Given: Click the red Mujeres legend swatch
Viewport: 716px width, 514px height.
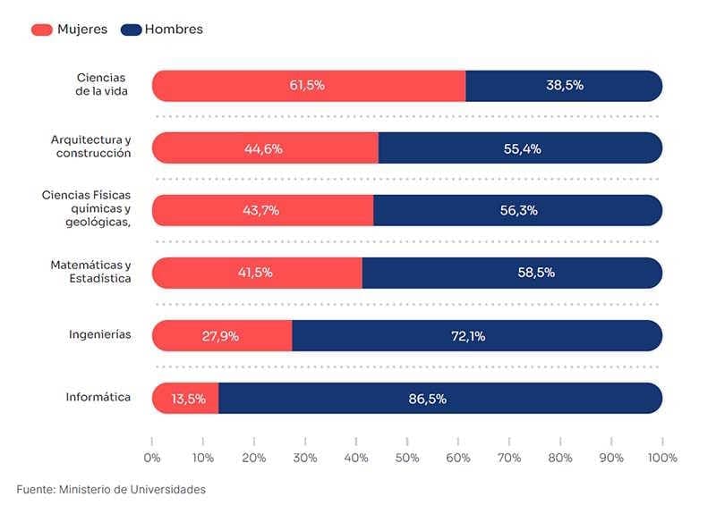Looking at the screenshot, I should [x=42, y=29].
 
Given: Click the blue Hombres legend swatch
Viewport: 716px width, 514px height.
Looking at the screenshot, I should [x=131, y=29].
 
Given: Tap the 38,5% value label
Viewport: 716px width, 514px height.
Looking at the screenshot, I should [x=565, y=86].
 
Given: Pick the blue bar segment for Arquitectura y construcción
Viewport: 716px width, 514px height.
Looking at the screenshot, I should [x=520, y=148].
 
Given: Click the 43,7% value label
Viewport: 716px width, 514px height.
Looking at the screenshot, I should [x=260, y=211].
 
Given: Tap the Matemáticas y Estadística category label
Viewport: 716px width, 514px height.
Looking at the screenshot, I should [x=90, y=272].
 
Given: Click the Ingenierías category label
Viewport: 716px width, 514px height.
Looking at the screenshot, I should [x=100, y=334].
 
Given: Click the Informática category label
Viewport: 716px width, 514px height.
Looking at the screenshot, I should [x=98, y=397].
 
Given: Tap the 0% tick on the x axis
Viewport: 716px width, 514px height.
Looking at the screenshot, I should [x=152, y=458].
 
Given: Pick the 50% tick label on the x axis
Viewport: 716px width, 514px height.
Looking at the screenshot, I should [x=407, y=458].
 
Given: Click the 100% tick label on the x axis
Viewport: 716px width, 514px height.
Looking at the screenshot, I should [x=662, y=458].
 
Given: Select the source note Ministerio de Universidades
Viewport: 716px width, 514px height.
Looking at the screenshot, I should [x=111, y=490].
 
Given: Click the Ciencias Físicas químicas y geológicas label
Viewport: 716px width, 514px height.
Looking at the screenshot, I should [x=87, y=208].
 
